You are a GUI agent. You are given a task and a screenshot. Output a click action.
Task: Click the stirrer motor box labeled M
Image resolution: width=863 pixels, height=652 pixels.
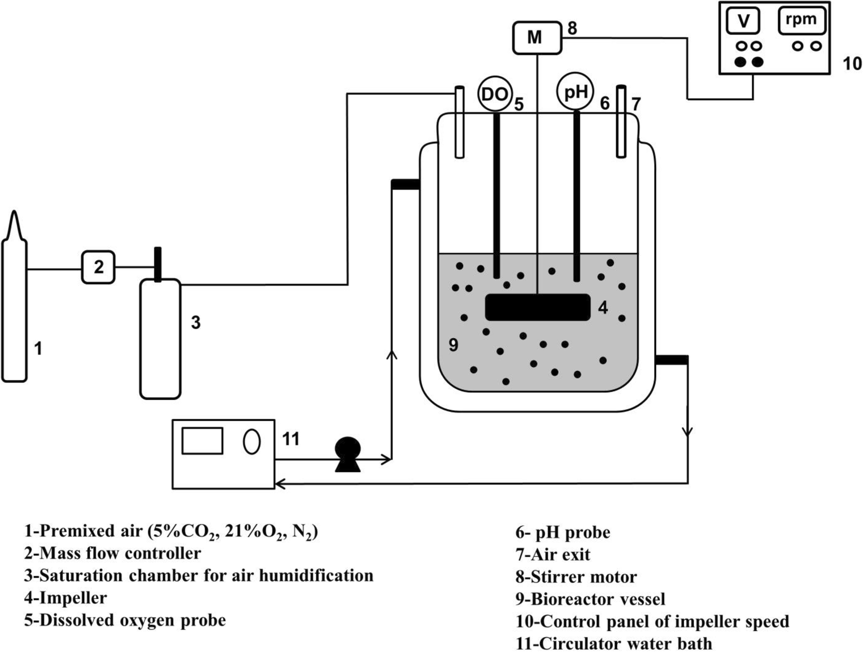[x=537, y=38]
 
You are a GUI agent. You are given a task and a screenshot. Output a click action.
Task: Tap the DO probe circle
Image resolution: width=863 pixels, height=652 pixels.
[x=494, y=94]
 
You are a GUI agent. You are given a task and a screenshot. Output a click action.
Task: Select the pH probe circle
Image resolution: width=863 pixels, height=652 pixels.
[x=575, y=92]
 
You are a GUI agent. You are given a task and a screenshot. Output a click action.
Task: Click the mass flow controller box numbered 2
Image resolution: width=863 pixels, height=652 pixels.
[x=98, y=267]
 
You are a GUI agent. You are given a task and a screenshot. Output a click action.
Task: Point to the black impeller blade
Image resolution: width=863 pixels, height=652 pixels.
[x=537, y=307]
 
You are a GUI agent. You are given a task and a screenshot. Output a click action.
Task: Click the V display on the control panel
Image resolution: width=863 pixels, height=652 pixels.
[x=743, y=20]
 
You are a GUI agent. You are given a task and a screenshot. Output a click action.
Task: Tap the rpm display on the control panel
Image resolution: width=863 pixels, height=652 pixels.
[x=801, y=20]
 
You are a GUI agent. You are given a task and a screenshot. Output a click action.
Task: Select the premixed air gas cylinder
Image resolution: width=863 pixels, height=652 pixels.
[x=15, y=310]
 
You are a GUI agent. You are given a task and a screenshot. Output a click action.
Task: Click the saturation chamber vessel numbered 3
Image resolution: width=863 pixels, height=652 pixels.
[x=160, y=339]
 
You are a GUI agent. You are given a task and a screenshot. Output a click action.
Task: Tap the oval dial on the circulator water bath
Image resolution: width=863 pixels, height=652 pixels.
[x=251, y=441]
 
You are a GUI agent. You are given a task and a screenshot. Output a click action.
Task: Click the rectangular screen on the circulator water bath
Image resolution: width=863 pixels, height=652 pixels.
[x=202, y=441]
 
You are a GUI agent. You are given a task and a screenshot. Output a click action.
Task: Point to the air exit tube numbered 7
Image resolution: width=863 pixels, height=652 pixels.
[x=621, y=122]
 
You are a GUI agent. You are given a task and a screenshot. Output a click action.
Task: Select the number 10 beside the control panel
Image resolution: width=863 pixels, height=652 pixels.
[x=851, y=64]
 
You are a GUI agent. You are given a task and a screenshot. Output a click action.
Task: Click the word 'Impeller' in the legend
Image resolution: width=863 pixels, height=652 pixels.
[x=73, y=598]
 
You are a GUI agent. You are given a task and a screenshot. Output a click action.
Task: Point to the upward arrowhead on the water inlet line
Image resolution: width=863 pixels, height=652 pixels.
[x=392, y=353]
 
